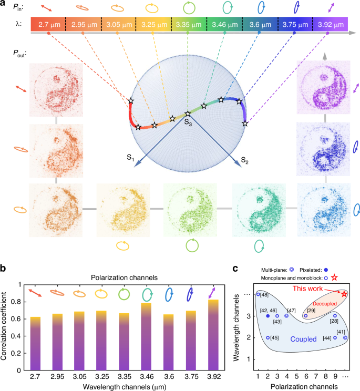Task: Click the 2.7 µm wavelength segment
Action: point(48,25)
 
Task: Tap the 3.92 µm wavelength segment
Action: point(331,25)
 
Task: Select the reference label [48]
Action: point(265,294)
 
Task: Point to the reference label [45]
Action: point(274,338)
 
